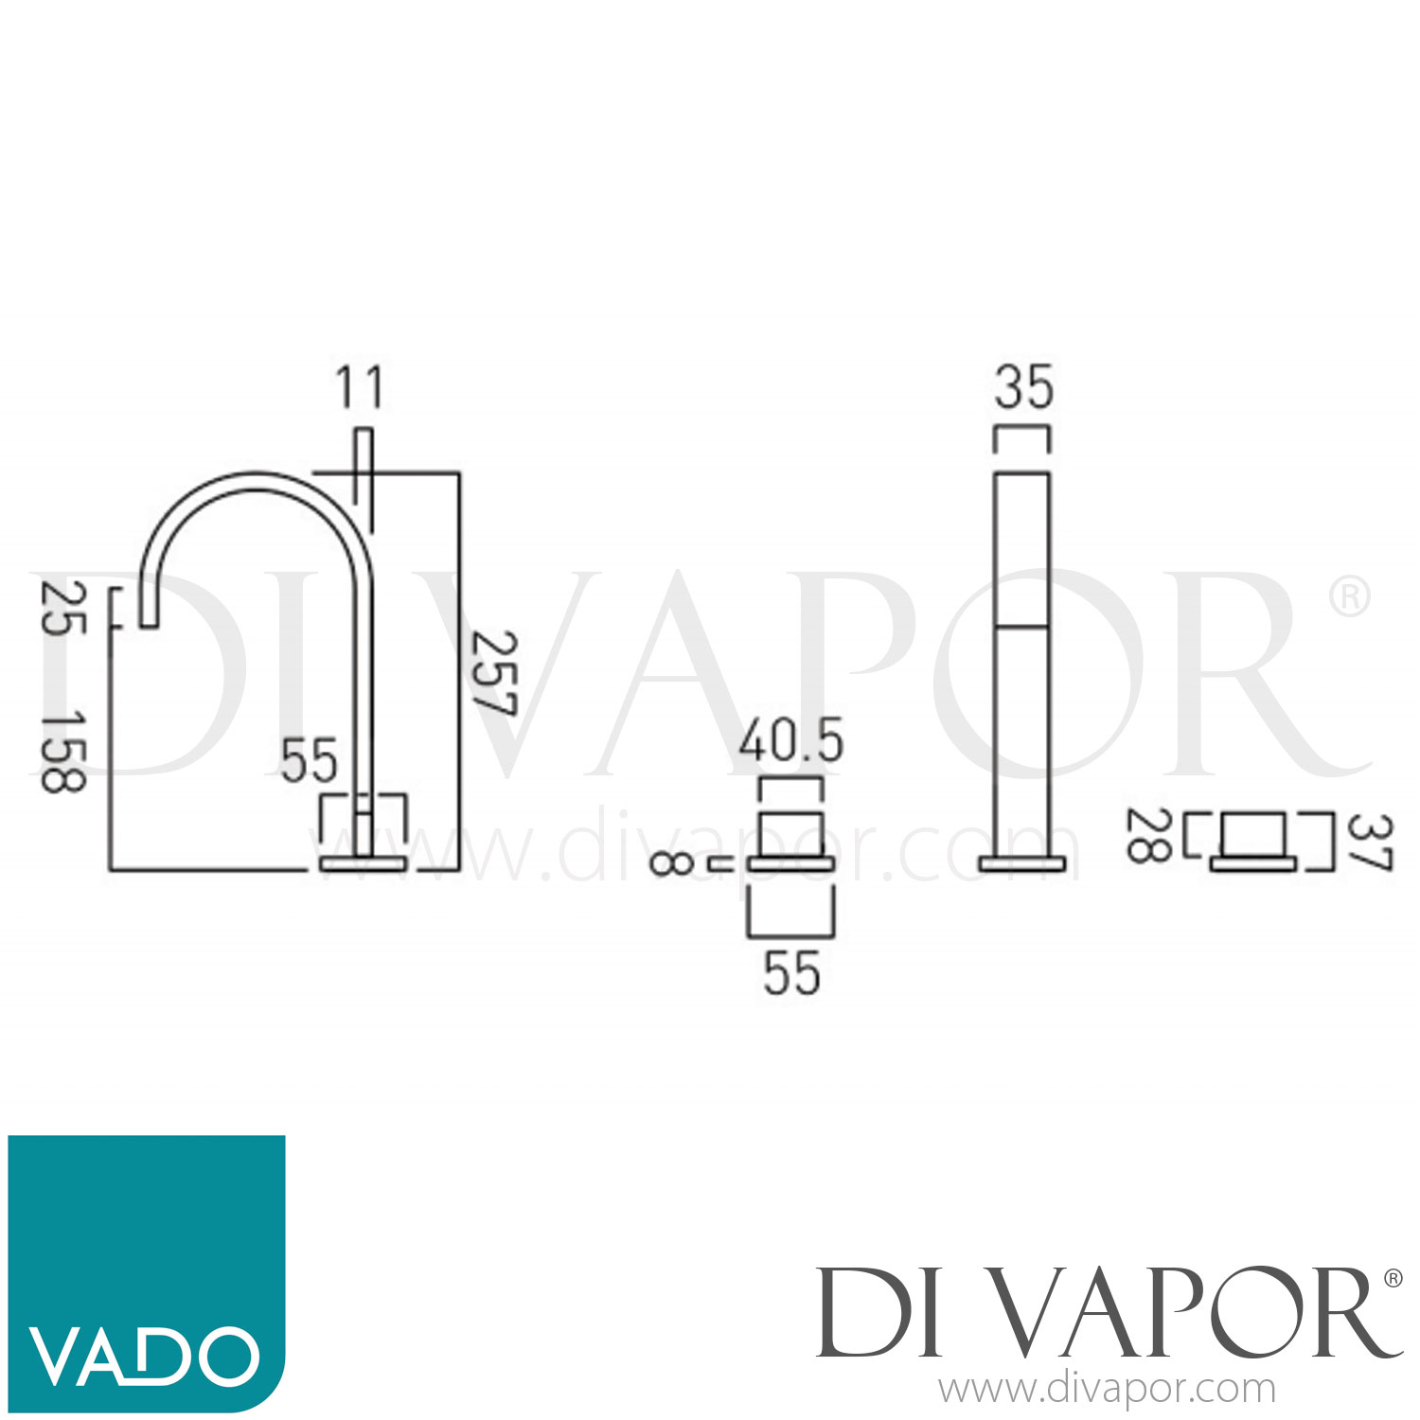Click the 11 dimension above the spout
[x=360, y=387]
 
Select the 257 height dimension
[x=494, y=673]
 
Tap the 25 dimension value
[x=63, y=609]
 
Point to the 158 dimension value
[x=63, y=752]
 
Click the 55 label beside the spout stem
[x=309, y=760]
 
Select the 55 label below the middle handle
[x=791, y=972]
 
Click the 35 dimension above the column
[x=1023, y=387]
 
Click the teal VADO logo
[x=147, y=1272]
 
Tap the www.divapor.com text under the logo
[x=1108, y=1390]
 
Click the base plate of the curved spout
[x=364, y=863]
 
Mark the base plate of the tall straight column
[x=1022, y=863]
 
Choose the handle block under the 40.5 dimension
[x=790, y=833]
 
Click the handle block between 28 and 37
[x=1252, y=834]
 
